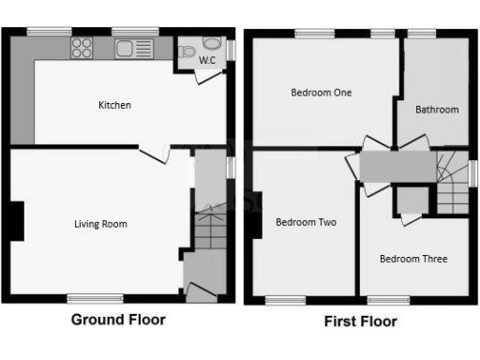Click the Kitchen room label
pos(114,105)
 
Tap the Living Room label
pos(100,224)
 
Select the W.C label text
pos(206,61)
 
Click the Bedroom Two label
pos(306,222)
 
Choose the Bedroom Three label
pos(412,259)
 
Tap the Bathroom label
pos(437,110)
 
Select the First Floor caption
pos(360,322)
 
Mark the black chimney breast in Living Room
pos(16,222)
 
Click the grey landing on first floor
pos(397,167)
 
